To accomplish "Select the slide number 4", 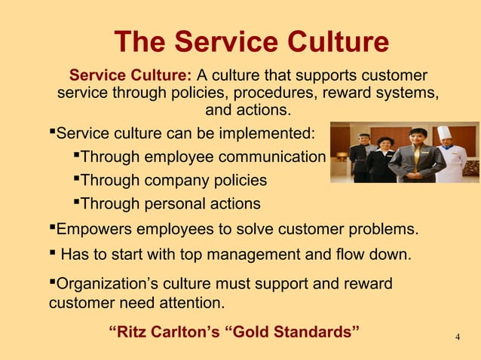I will (x=458, y=337).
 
